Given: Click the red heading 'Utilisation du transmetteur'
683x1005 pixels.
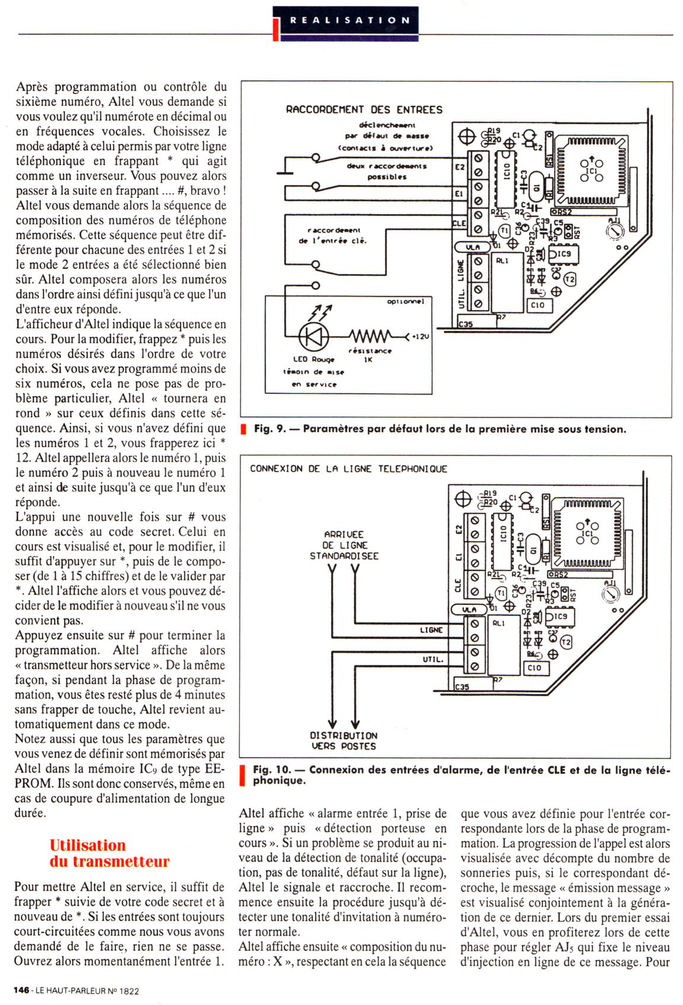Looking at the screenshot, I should (109, 853).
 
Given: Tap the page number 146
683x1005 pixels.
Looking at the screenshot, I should (22, 990).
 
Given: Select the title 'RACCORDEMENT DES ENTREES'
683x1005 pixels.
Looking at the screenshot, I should (364, 110).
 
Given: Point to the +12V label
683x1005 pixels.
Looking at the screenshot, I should (419, 337).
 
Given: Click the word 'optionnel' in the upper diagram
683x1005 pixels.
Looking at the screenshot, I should (406, 302).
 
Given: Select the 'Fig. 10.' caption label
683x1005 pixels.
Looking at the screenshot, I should (272, 770).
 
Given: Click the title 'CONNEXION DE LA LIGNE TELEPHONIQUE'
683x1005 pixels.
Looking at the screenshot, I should (348, 469).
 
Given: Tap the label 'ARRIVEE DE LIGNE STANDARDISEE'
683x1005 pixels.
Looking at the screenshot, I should (344, 545).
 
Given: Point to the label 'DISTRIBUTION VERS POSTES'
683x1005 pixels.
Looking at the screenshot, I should (344, 741).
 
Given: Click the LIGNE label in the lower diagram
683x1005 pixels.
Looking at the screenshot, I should (431, 630).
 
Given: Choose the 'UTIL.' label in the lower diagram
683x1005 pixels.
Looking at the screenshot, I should (433, 660).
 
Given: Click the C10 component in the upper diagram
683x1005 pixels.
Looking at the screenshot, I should (537, 305).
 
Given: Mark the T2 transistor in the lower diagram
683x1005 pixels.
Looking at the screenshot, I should (566, 642).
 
